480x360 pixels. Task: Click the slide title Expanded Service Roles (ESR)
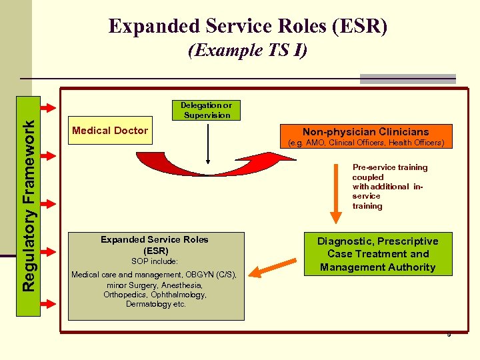[x=247, y=26]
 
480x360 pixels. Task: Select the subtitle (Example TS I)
[x=247, y=51]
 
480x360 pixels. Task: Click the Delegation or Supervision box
[x=206, y=110]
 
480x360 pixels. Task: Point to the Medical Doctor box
[x=109, y=131]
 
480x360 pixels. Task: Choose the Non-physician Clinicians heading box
[x=365, y=132]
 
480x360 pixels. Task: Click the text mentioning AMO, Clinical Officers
[x=365, y=143]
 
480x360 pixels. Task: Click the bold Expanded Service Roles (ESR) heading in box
[x=154, y=245]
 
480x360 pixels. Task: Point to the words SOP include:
[x=154, y=261]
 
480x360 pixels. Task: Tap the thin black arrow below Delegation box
[x=209, y=143]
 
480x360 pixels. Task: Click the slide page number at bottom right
[x=449, y=334]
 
